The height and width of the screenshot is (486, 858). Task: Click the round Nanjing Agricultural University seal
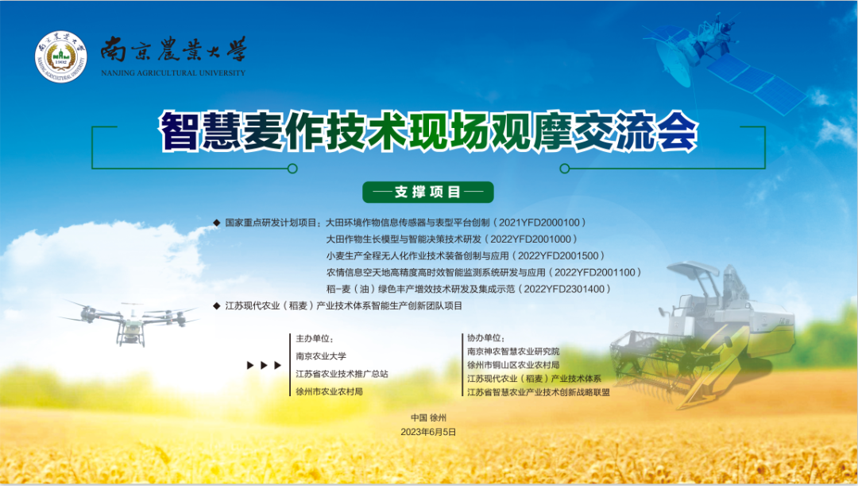60,56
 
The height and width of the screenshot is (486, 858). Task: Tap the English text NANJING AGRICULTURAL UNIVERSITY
173,73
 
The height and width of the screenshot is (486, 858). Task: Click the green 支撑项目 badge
428,192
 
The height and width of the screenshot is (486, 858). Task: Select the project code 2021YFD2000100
539,223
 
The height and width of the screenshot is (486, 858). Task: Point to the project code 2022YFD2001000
530,239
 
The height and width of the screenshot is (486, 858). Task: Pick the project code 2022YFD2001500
558,256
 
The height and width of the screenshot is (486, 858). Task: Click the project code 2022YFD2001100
595,272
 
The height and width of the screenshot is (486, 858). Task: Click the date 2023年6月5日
428,432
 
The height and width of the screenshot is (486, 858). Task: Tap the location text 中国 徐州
428,418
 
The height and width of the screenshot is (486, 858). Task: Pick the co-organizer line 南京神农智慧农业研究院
513,352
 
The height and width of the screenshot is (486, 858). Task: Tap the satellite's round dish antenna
673,63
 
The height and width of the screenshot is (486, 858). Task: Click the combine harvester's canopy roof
694,269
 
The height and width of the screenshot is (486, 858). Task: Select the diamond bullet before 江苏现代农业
217,305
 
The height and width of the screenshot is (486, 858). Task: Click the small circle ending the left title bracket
292,168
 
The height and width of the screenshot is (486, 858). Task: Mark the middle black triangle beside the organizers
264,365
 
